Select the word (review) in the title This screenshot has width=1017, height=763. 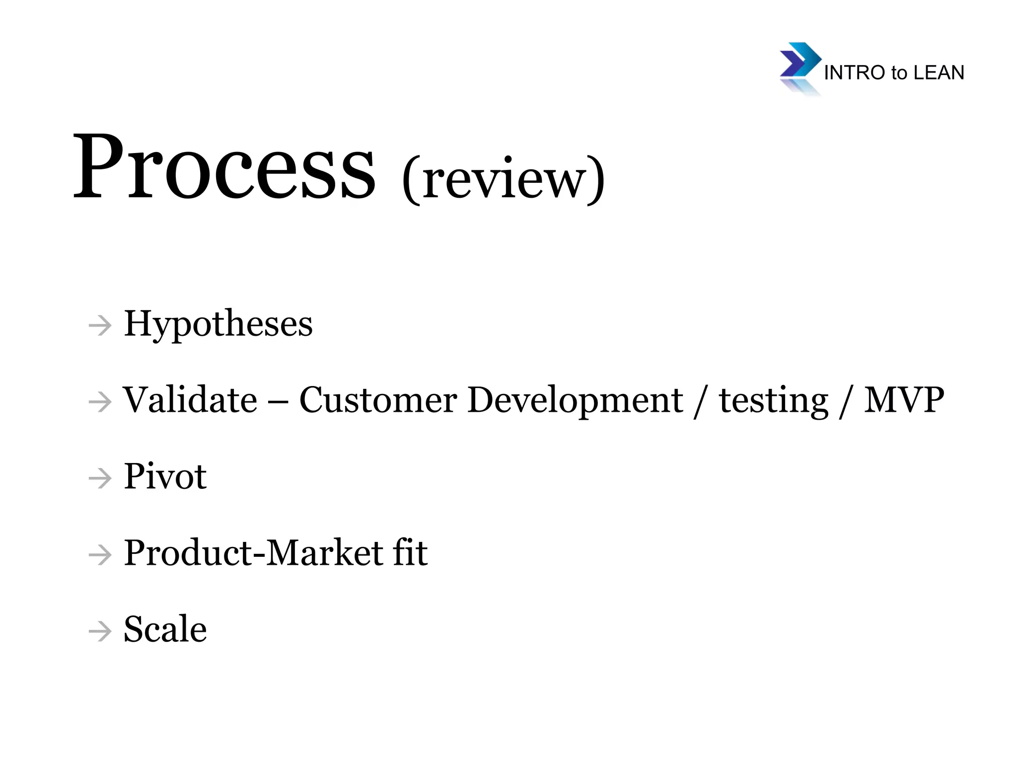tap(504, 179)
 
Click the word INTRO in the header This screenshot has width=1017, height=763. tap(855, 73)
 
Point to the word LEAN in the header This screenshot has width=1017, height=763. tap(939, 73)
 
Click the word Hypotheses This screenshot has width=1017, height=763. tap(218, 324)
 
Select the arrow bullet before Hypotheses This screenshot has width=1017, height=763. tap(100, 326)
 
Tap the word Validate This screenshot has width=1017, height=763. tap(190, 400)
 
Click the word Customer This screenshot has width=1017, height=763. tap(378, 400)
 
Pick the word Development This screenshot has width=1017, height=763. tap(575, 401)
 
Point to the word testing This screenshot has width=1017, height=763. tap(774, 401)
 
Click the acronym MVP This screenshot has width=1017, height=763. tap(904, 400)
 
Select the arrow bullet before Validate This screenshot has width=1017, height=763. tap(100, 402)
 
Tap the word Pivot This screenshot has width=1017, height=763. tap(165, 476)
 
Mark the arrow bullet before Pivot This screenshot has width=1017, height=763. tap(100, 479)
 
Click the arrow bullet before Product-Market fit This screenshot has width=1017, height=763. tap(100, 555)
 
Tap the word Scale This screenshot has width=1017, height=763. tap(165, 629)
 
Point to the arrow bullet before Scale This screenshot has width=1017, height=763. tap(100, 631)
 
